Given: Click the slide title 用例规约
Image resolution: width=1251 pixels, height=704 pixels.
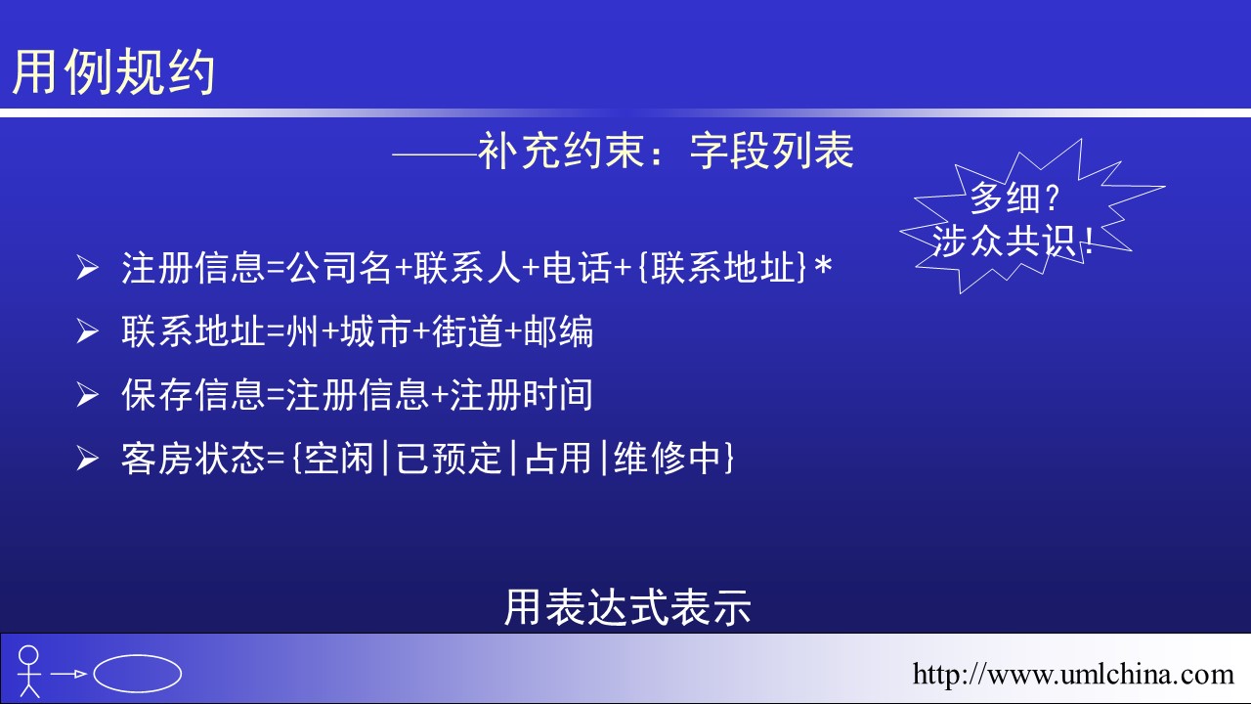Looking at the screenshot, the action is (113, 71).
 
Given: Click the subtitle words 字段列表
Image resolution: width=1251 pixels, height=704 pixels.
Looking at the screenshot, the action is (772, 151).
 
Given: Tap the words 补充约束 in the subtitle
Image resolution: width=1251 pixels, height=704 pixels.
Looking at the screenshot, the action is (562, 151).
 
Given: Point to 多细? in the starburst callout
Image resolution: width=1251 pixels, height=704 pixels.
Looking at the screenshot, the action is (1014, 198).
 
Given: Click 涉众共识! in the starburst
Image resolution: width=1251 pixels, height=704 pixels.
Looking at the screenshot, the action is (1012, 242).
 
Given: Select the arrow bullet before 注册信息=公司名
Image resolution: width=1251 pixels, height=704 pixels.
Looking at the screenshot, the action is (88, 268).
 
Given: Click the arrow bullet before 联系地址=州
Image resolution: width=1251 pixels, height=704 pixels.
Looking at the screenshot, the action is (88, 331).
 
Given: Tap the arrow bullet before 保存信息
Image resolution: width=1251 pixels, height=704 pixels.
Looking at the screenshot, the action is (88, 395).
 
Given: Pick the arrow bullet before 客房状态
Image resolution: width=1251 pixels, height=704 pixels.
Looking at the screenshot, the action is (88, 459).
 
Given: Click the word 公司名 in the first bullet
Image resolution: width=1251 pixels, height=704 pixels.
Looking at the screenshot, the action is (339, 267).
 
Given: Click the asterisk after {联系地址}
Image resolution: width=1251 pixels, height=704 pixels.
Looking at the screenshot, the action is (823, 265).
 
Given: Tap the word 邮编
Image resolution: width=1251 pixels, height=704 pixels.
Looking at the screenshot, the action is (558, 330).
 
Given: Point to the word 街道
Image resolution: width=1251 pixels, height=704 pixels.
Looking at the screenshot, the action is (467, 330).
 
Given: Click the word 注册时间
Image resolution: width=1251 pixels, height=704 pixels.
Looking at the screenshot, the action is (521, 394).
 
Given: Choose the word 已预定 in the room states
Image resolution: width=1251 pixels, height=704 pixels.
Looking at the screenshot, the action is (449, 459).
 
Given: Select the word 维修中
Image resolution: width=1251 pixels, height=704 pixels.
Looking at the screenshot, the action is (667, 459).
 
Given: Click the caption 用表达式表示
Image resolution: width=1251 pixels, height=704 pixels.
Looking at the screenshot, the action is (627, 607).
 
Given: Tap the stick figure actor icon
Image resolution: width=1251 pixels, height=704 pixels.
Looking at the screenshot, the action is (28, 672).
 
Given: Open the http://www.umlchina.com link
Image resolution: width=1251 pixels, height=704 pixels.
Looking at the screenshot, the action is (1073, 675).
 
